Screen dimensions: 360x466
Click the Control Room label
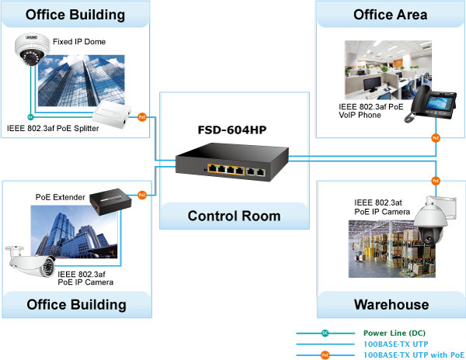(x=234, y=216)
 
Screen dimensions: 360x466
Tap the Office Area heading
(x=390, y=15)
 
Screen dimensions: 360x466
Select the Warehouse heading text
(x=391, y=304)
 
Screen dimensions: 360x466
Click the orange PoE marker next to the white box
(x=142, y=117)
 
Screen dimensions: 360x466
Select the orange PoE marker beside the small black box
(x=142, y=196)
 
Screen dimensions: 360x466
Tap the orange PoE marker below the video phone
(x=436, y=139)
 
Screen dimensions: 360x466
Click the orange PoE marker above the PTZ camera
(x=436, y=181)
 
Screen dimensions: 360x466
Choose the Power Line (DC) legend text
(x=395, y=333)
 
